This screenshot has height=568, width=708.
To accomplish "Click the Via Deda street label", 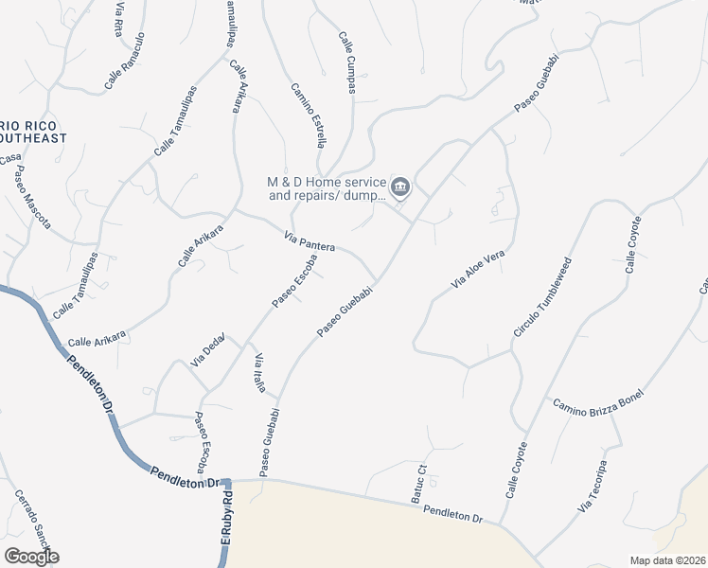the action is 208,349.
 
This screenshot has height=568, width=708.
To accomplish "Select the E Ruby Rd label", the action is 227,521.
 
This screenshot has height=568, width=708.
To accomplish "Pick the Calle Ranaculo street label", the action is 125,62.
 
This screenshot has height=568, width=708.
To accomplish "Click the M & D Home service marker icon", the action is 400,186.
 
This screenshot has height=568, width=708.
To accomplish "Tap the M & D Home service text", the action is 327,188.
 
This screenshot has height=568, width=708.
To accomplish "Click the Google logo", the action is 32,556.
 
